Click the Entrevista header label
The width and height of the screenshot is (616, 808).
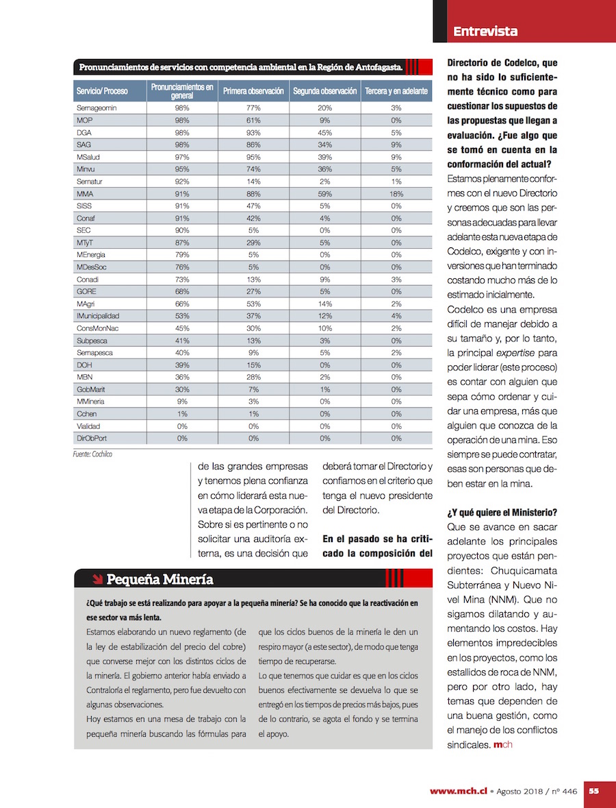tap(485, 32)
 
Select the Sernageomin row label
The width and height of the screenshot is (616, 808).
tap(96, 108)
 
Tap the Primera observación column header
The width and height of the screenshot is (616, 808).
tap(253, 91)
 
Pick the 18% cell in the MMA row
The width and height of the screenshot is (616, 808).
tap(396, 194)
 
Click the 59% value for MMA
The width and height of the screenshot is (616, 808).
tap(325, 194)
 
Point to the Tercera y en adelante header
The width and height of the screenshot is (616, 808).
tap(396, 91)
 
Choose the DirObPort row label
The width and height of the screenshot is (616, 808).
tap(92, 438)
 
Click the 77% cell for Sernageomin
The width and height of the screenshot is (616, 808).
tap(253, 108)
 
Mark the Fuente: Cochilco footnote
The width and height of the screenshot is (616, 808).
tap(92, 454)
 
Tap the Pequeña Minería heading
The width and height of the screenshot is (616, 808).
tap(159, 580)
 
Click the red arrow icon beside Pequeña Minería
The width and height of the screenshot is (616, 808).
tap(97, 580)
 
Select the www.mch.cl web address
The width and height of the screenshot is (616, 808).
tap(459, 791)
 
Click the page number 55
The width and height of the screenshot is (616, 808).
tap(594, 791)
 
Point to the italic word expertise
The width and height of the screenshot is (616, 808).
tap(516, 352)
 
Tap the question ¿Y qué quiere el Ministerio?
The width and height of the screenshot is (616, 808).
tap(502, 513)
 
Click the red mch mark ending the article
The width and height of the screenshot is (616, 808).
tap(502, 744)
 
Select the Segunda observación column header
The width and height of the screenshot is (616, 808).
tap(325, 91)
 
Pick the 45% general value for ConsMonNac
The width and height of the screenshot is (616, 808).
tap(182, 328)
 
